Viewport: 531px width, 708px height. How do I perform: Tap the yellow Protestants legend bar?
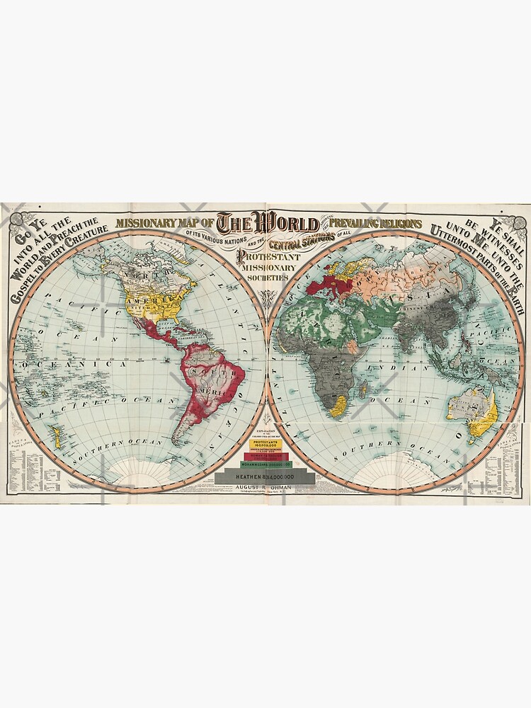click(265, 444)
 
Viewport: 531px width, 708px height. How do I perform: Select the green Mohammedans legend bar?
click(265, 464)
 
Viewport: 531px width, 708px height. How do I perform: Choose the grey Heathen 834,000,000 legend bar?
click(265, 478)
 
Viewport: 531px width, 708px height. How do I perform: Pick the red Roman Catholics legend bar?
click(265, 455)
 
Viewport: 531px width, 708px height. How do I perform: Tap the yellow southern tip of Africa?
click(338, 404)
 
